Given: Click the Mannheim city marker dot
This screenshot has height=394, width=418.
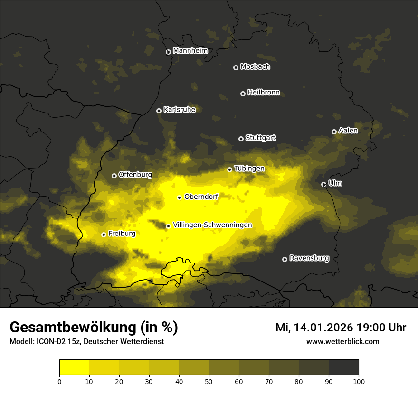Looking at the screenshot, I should pyautogui.click(x=168, y=52).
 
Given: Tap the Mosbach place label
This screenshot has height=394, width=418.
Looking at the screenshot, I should pyautogui.click(x=255, y=67).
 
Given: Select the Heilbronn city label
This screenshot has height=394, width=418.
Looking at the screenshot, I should pyautogui.click(x=264, y=93).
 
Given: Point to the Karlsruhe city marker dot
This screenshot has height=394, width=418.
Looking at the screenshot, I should pyautogui.click(x=159, y=111).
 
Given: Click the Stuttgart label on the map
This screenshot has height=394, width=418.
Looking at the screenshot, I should pyautogui.click(x=261, y=138).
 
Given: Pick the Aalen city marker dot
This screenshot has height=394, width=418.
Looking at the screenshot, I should pyautogui.click(x=334, y=131).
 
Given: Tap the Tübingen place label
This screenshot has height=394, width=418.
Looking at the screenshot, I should pyautogui.click(x=249, y=169).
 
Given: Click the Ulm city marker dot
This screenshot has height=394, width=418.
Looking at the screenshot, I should pyautogui.click(x=323, y=184).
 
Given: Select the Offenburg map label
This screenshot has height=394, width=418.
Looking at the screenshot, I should pyautogui.click(x=135, y=175).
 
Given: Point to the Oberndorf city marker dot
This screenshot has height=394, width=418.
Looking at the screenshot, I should pyautogui.click(x=179, y=197).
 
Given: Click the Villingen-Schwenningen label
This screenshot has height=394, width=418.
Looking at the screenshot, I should pyautogui.click(x=212, y=225).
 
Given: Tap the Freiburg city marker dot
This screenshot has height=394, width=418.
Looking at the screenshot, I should pyautogui.click(x=104, y=235).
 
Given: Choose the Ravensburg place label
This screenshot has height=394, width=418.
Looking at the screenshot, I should pyautogui.click(x=309, y=259).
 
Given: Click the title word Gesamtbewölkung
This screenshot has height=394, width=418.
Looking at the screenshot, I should pyautogui.click(x=73, y=328).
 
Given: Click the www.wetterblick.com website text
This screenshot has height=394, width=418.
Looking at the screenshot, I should pyautogui.click(x=342, y=342).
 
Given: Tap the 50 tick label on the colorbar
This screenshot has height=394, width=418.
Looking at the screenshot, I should pyautogui.click(x=209, y=381).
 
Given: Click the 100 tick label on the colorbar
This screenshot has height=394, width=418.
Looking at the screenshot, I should pyautogui.click(x=359, y=381).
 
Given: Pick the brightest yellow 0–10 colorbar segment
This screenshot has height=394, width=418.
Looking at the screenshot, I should pyautogui.click(x=74, y=367).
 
